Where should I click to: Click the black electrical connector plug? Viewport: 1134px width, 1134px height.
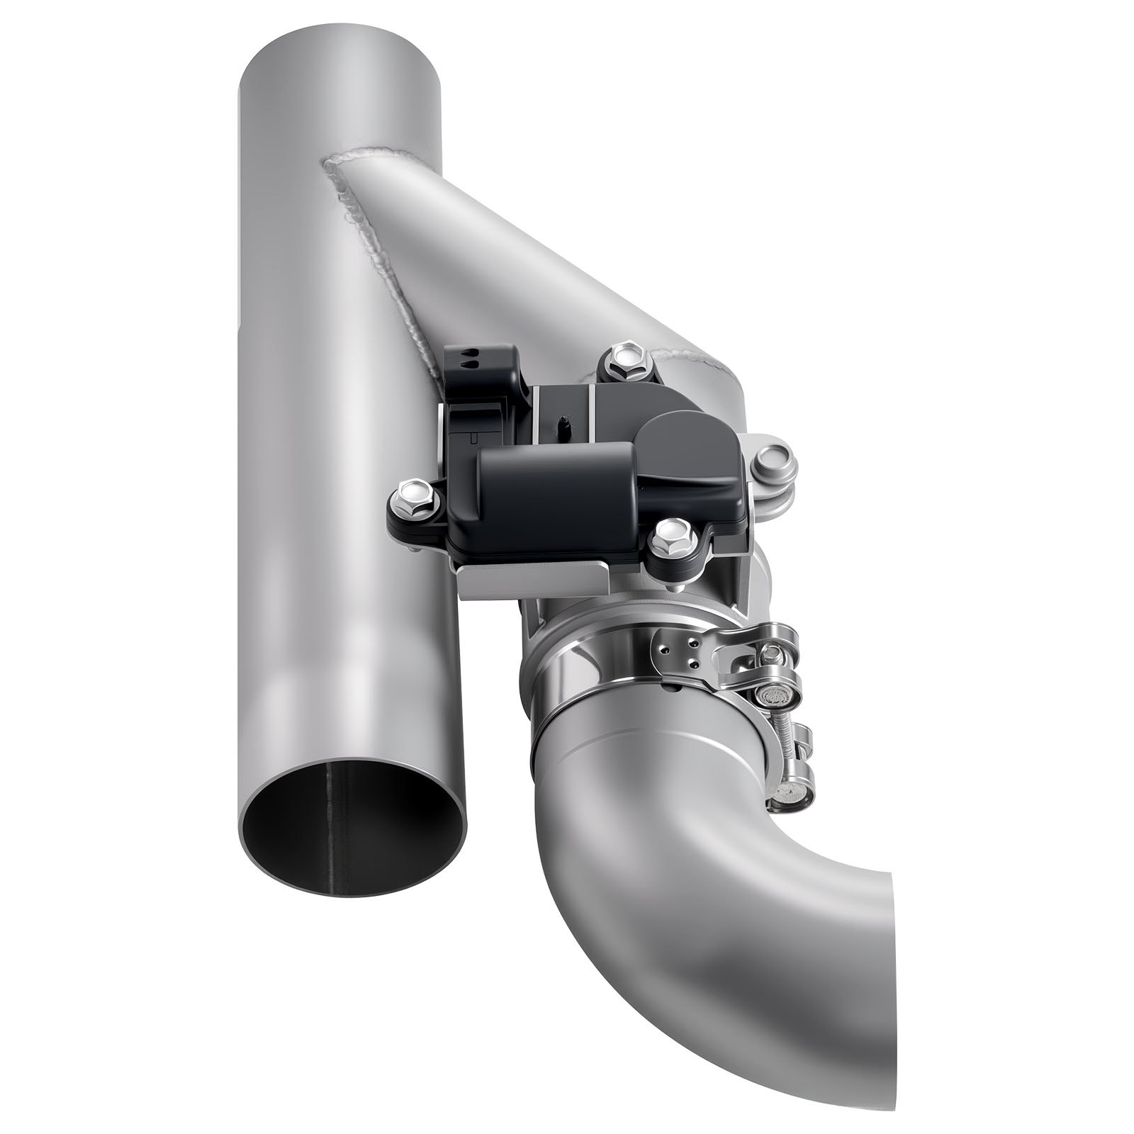pos(482,397)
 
